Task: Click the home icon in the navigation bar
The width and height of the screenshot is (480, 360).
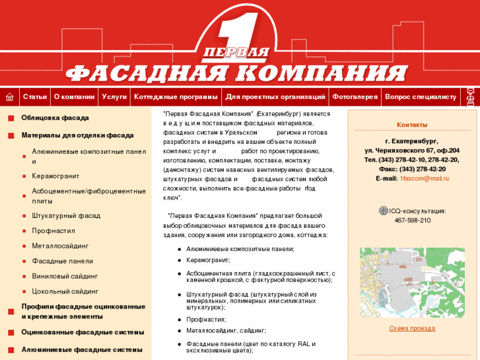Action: click(x=9, y=97)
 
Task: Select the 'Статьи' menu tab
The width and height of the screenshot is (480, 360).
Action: click(x=35, y=97)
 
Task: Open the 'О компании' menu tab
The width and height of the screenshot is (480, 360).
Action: click(x=74, y=97)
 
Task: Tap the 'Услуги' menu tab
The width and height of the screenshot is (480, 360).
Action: click(x=114, y=97)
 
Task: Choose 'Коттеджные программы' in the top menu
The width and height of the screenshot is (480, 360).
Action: click(x=176, y=97)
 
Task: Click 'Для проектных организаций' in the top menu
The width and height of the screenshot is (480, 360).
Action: click(x=275, y=97)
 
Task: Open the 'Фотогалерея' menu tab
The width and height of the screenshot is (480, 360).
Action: click(x=355, y=97)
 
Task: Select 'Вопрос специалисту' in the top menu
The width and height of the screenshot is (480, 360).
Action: click(x=421, y=97)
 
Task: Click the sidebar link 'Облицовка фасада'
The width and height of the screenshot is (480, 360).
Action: click(x=55, y=118)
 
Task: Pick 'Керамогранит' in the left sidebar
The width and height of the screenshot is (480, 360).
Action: click(x=55, y=176)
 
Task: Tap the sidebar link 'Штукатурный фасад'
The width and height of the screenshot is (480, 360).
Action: click(x=66, y=215)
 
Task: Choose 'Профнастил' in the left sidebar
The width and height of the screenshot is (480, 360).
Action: click(x=53, y=231)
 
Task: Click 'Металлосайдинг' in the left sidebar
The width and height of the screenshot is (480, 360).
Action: click(x=60, y=246)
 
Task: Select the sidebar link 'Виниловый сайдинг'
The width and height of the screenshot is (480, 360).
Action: click(x=65, y=276)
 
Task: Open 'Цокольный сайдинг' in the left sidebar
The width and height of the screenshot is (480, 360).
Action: click(x=65, y=291)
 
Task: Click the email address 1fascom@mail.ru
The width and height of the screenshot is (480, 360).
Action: click(x=424, y=178)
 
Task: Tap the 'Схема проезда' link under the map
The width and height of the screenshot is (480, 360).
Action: click(x=412, y=328)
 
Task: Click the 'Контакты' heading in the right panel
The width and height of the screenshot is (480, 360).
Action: click(x=412, y=125)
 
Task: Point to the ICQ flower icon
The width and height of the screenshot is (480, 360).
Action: click(x=383, y=211)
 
